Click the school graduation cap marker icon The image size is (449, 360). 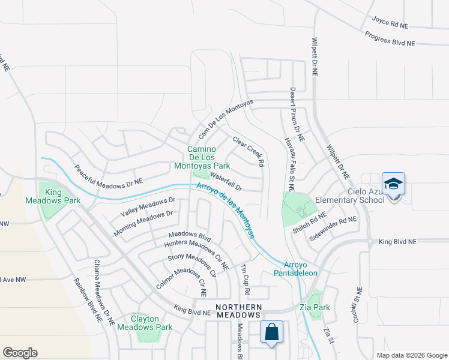[x=393, y=184]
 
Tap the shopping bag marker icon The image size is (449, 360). [x=271, y=331]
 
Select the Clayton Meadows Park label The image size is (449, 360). [x=152, y=323]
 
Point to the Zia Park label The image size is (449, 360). [x=318, y=307]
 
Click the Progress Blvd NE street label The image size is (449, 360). [x=390, y=39]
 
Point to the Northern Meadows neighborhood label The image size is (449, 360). [x=238, y=310]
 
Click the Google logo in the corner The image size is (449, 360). [x=20, y=352]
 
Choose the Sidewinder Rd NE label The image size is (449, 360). [x=333, y=229]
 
